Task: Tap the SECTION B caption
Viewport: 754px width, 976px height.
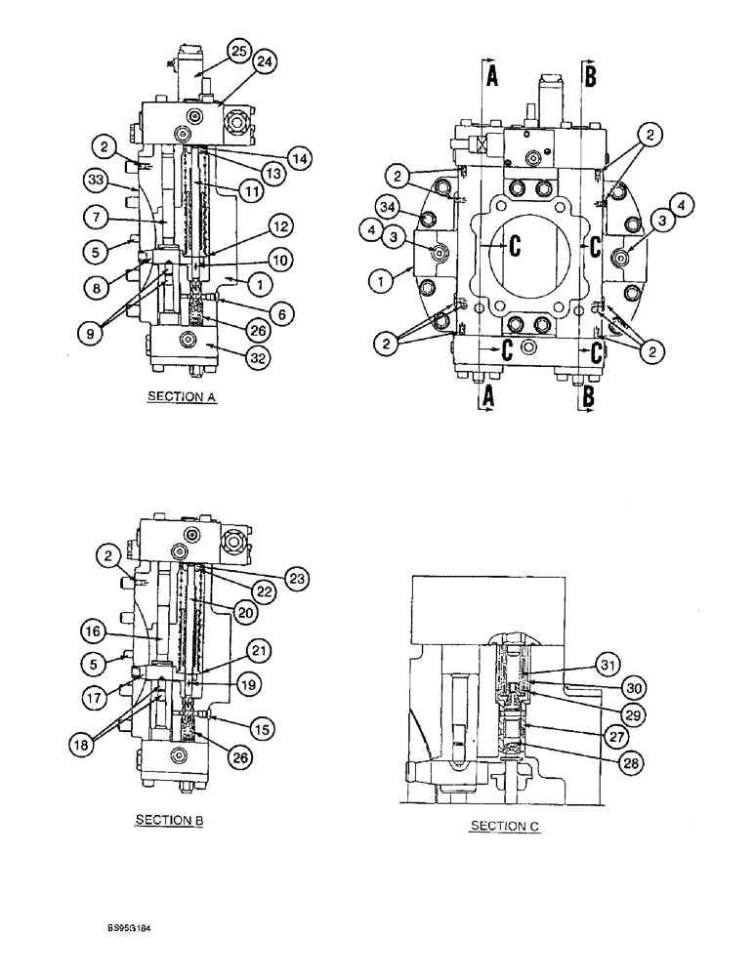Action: coord(169,820)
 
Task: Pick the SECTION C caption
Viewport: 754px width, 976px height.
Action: coord(505,826)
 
